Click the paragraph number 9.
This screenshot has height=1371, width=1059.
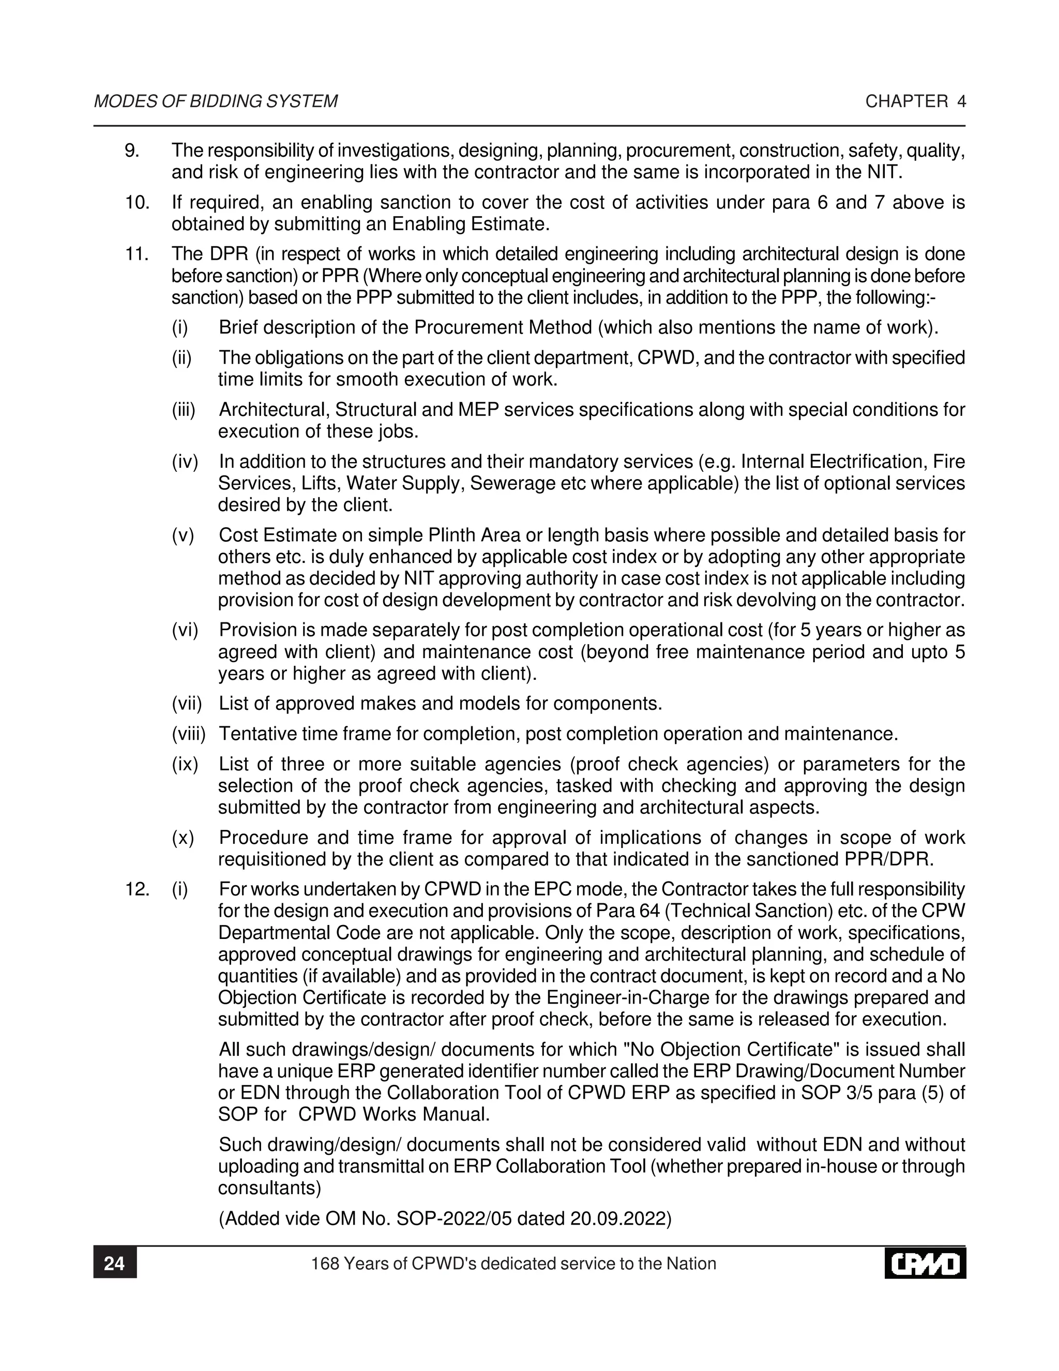[x=132, y=151]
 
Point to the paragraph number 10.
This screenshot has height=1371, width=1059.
[x=137, y=202]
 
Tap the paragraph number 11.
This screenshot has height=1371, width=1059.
[x=137, y=254]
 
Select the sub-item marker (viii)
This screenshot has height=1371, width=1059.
[x=189, y=733]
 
